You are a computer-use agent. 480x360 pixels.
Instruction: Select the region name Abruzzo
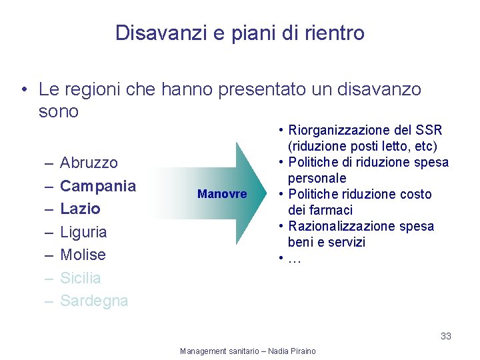click(x=89, y=163)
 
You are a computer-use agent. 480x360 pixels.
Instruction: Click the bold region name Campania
click(x=98, y=186)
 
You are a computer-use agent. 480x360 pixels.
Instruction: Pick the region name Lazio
click(x=80, y=209)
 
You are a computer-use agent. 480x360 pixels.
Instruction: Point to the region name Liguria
click(x=83, y=232)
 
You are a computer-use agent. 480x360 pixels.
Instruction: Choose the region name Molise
click(x=83, y=255)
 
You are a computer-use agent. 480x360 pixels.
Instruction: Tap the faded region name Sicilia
click(x=81, y=278)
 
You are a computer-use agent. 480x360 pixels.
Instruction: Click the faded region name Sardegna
click(x=94, y=301)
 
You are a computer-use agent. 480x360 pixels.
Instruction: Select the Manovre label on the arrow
click(x=222, y=195)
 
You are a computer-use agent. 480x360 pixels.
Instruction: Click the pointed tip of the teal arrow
click(x=265, y=194)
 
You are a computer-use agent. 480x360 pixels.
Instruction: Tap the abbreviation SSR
click(x=428, y=131)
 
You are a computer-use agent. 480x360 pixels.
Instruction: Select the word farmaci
click(x=331, y=210)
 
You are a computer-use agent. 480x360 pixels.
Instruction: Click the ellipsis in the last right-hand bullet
click(x=295, y=258)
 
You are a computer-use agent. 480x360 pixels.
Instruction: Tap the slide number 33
click(x=445, y=336)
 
